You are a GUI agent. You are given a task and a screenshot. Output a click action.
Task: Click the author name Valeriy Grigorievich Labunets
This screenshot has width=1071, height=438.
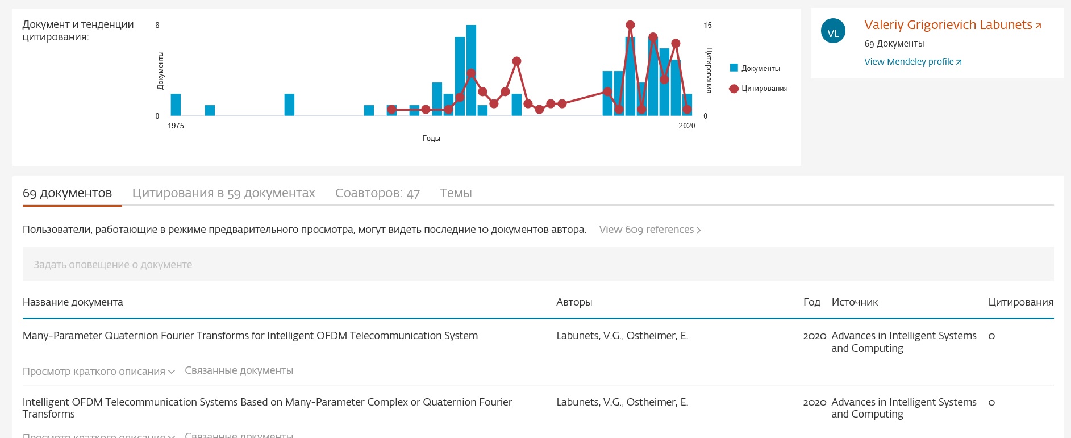(x=948, y=25)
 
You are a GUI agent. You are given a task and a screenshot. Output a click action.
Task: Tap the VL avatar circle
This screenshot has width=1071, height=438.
(x=833, y=33)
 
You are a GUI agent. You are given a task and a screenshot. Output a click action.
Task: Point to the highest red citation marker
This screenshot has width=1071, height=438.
(x=630, y=25)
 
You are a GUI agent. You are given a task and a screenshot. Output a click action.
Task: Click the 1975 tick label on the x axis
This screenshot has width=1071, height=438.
(x=176, y=126)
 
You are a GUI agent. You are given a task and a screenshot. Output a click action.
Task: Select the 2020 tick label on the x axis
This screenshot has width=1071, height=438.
(x=686, y=126)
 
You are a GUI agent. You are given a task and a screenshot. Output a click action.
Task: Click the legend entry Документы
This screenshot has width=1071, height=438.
(x=760, y=69)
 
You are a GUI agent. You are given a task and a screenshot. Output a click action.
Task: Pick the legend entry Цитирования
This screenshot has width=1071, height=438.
(x=764, y=89)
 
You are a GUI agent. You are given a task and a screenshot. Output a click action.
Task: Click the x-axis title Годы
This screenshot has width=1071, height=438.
(x=431, y=138)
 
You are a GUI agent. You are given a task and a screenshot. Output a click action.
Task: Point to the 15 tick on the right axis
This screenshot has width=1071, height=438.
(x=707, y=25)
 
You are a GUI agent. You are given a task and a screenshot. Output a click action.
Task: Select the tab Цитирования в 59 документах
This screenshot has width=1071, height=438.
(x=223, y=193)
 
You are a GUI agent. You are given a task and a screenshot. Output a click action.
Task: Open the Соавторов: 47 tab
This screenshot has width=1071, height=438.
(x=377, y=193)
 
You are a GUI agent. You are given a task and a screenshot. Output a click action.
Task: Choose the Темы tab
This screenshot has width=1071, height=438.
(x=456, y=193)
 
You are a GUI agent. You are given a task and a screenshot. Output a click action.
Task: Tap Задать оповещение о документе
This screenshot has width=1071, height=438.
(x=113, y=265)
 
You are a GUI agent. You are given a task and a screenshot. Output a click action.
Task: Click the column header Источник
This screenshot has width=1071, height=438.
(x=855, y=302)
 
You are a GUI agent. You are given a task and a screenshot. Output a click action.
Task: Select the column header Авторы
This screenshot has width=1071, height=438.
(x=574, y=302)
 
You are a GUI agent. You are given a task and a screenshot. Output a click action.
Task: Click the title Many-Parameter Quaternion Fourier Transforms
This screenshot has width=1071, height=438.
(x=250, y=336)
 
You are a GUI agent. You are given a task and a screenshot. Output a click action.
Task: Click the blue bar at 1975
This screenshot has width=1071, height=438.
(x=176, y=105)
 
